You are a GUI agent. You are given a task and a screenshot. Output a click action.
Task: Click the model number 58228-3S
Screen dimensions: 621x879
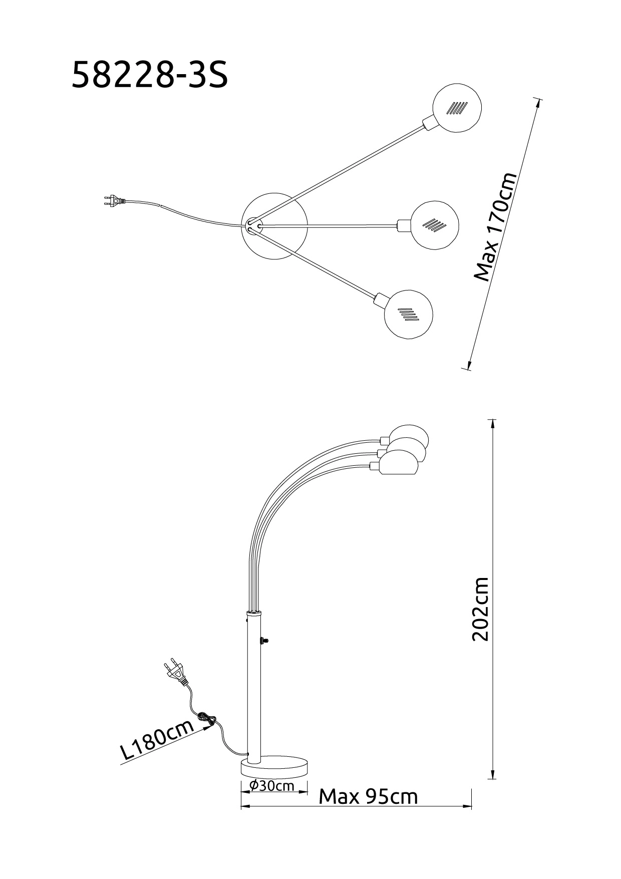coord(150,75)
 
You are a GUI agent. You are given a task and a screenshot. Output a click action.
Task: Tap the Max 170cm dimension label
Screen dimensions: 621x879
coord(494,227)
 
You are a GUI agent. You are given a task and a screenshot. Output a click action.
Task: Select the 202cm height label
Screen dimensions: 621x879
coord(480,609)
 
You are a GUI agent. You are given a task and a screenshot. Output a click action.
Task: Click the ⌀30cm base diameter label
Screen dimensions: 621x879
coord(272,785)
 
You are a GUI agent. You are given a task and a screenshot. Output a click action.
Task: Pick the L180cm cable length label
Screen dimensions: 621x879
coord(157,740)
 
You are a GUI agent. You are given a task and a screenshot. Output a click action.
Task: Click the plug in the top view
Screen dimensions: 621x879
coord(112,201)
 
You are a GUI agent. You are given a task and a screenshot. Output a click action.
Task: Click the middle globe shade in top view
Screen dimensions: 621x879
coord(435,225)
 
